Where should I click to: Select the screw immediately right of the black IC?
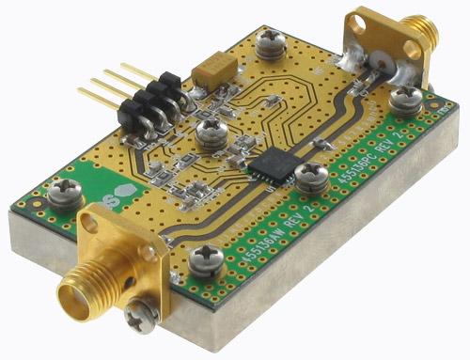coord(310,174)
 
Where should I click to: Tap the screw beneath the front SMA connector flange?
coord(139,317)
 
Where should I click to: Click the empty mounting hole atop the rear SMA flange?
coord(360,21)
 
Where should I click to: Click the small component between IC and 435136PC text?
coord(321,142)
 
